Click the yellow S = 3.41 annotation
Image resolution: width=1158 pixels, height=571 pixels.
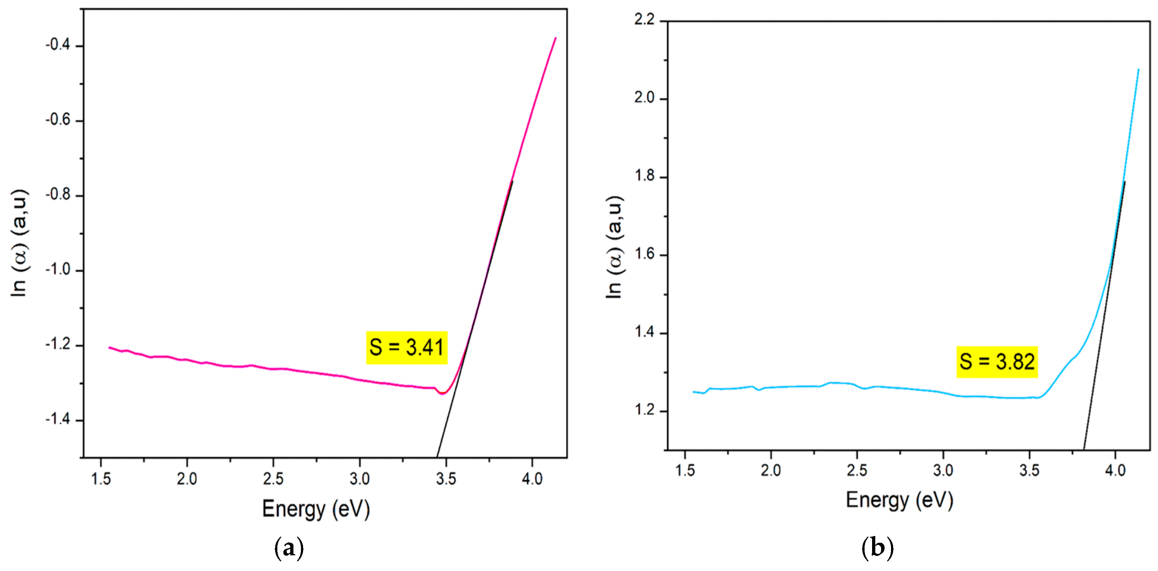coord(406,348)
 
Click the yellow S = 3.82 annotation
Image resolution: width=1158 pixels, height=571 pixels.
coord(996,362)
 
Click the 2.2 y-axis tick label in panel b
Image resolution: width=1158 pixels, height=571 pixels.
coord(644,20)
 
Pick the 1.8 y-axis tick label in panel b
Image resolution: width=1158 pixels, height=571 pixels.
coord(644,176)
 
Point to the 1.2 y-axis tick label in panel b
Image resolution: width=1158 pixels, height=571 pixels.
coord(644,410)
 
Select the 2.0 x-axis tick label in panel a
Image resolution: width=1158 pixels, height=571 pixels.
coord(187,479)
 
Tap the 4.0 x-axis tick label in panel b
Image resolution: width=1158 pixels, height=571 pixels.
coord(1115,470)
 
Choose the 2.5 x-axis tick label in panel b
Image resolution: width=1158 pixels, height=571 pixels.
coord(857,470)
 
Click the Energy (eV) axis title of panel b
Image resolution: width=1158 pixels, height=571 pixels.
coord(899,500)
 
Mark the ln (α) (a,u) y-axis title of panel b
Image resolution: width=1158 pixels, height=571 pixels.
coord(614,247)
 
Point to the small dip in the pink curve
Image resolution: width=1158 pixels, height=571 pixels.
coord(442,393)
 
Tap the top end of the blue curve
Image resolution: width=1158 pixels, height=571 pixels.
coord(1138,70)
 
